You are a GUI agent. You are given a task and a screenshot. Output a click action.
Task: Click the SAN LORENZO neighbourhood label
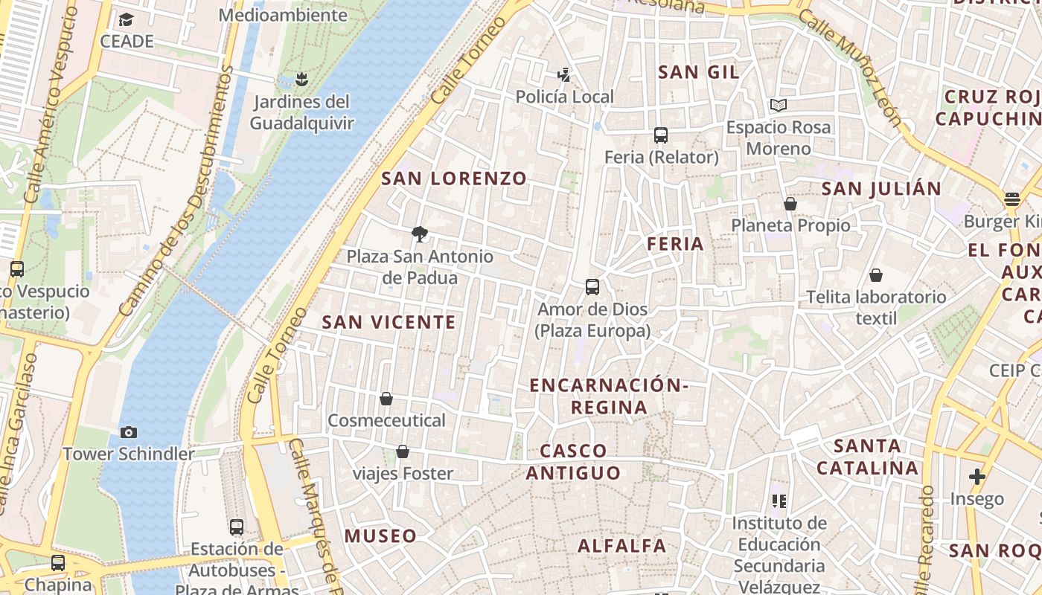pos(454,178)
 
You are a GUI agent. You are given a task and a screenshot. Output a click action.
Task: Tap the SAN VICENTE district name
pos(389,322)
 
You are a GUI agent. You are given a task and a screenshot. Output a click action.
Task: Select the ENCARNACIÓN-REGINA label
pos(609,396)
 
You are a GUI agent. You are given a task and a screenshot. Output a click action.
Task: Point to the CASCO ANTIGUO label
pos(573,462)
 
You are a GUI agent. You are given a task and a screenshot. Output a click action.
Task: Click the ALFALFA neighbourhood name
pos(622,546)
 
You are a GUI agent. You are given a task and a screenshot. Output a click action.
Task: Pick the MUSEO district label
pos(380,536)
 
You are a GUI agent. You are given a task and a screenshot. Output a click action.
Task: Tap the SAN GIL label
pos(699,72)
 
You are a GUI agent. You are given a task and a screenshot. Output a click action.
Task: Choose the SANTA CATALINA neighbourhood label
pos(867,457)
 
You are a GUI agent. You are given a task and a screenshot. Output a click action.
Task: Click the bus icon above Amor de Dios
pos(592,287)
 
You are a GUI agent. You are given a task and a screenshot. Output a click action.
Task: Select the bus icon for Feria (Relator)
pos(661,135)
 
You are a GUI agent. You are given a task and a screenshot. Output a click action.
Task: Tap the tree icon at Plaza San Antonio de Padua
pos(420,234)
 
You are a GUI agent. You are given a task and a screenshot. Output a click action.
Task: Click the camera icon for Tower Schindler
pos(129,432)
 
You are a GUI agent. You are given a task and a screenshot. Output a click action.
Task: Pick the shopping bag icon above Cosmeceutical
pos(386,399)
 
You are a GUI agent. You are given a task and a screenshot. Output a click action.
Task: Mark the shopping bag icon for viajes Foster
pos(403,451)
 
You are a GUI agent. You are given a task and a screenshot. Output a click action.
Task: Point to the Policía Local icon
pos(564,74)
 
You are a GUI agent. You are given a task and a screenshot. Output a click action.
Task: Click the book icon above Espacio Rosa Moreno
pos(779,106)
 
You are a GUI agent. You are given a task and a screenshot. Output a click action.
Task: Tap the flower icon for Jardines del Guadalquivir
pos(301,79)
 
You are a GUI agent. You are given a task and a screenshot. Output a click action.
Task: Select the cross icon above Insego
pos(977,476)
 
